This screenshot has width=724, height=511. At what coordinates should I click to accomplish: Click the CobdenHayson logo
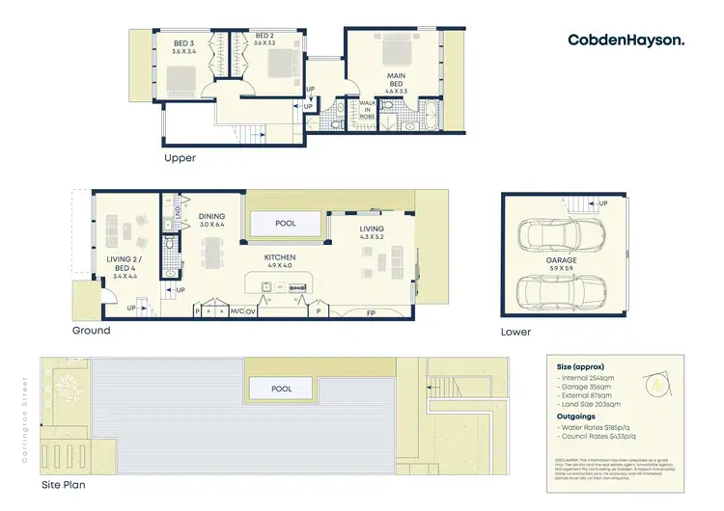(627, 40)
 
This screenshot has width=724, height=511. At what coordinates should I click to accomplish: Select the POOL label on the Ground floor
(285, 223)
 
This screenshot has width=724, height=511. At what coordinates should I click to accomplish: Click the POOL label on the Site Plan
(281, 389)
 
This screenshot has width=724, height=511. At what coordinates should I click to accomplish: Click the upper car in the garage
(563, 234)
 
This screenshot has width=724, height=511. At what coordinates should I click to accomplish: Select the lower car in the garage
(563, 289)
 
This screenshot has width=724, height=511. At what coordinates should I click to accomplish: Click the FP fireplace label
(370, 312)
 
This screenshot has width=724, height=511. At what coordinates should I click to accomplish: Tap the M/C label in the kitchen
(237, 311)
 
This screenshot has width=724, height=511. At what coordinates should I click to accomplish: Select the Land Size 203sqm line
(590, 404)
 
